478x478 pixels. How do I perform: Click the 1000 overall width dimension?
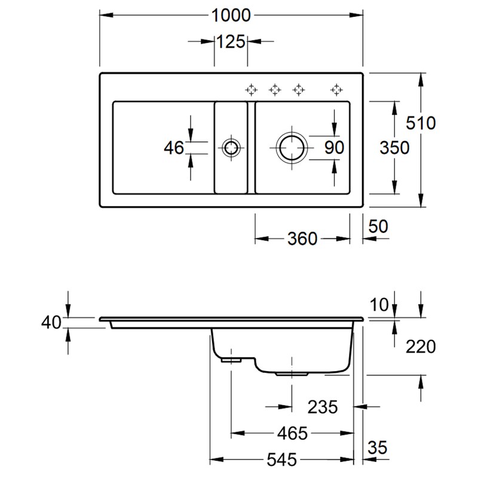[x=231, y=16]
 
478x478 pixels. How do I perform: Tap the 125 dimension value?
[x=231, y=41]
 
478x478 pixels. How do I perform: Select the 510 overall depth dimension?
[x=421, y=123]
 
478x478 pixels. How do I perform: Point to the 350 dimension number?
[x=394, y=148]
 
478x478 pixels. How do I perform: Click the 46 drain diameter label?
[x=174, y=148]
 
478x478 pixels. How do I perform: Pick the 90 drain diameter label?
[x=334, y=148]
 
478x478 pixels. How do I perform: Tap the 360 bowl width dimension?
[x=302, y=238]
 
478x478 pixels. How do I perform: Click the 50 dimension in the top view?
[x=378, y=226]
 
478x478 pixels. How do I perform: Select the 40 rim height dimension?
[x=51, y=322]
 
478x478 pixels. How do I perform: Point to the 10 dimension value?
[x=379, y=305]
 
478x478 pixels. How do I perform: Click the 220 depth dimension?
[x=421, y=347]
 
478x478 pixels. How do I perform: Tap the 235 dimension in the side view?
[x=323, y=407]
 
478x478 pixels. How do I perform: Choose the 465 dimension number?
[x=292, y=433]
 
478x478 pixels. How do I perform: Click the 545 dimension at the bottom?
[x=281, y=459]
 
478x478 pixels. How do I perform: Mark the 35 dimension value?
[x=378, y=448]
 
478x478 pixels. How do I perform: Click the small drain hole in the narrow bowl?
[x=231, y=148]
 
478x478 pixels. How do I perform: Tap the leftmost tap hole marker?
[x=251, y=90]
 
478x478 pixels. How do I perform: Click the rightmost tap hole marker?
[x=336, y=90]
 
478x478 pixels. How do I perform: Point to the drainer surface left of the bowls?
[x=164, y=171]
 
